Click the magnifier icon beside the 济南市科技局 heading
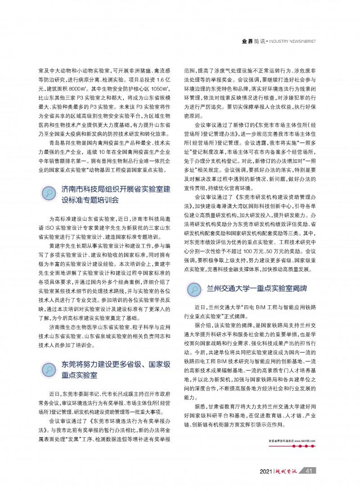point(49,194)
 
